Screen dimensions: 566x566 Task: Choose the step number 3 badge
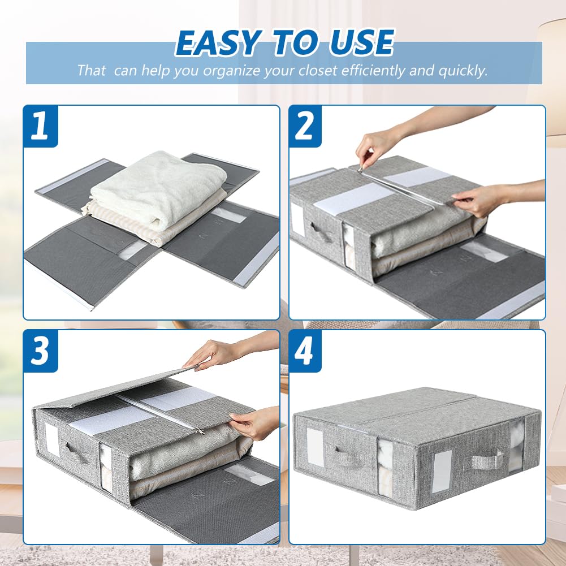coord(40,351)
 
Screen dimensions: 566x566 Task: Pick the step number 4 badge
coord(306,351)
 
